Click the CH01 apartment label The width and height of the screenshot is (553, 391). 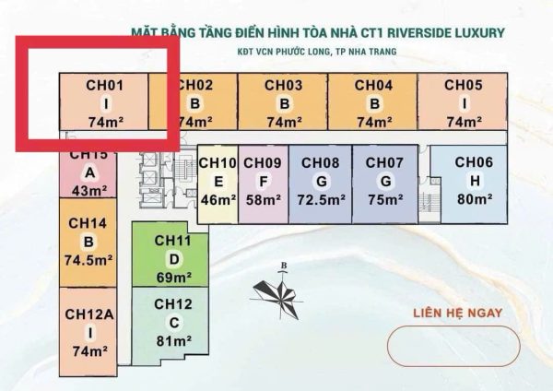tap(105, 86)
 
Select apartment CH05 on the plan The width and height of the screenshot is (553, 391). tap(463, 101)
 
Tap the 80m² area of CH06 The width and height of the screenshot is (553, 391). tap(475, 199)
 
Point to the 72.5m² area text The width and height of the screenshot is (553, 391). tap(321, 200)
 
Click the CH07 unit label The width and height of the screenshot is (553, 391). tap(384, 162)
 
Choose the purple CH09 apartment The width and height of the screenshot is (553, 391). tap(264, 184)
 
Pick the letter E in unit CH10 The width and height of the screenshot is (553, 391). tap(218, 182)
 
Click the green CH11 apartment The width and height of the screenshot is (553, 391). tap(170, 255)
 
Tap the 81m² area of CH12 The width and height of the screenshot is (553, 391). tap(174, 341)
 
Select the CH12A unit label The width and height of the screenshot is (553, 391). tap(89, 314)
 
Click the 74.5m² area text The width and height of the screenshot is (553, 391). tap(88, 260)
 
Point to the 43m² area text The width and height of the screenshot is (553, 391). tap(89, 191)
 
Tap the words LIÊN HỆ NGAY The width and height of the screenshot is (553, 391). tap(458, 313)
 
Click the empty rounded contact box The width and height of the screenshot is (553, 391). tap(453, 346)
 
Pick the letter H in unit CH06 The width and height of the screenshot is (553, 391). tap(475, 181)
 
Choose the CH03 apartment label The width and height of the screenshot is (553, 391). tap(284, 86)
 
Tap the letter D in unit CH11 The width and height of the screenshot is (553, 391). tap(174, 259)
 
